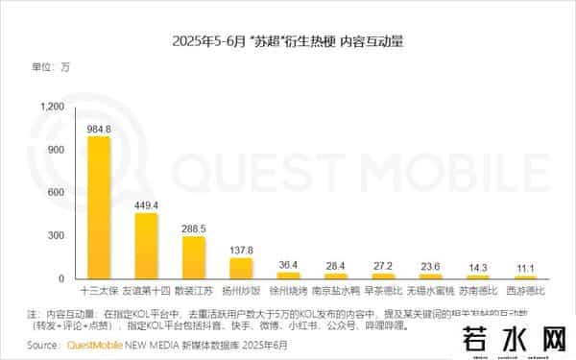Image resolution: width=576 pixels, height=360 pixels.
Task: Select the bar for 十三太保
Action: point(99,206)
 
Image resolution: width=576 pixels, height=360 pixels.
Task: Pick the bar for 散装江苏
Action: point(193,257)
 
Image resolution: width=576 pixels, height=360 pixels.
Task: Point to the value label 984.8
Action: point(100,129)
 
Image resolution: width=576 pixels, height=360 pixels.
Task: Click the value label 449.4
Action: point(147,205)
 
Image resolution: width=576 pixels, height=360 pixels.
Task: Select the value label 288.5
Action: point(194,229)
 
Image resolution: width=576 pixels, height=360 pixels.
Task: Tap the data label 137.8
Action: point(241,250)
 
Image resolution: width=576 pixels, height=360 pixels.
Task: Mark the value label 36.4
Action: point(288,264)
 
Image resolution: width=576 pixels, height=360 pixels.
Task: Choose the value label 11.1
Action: point(525,268)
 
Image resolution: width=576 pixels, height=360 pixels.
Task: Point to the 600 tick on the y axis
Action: point(57,193)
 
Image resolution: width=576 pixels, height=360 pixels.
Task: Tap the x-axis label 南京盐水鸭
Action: point(335,289)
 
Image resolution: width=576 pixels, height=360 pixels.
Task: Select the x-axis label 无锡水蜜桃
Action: point(430,289)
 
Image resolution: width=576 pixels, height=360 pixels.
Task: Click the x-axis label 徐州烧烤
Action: point(288,289)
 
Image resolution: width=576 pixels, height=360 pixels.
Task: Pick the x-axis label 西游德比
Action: point(525,289)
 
